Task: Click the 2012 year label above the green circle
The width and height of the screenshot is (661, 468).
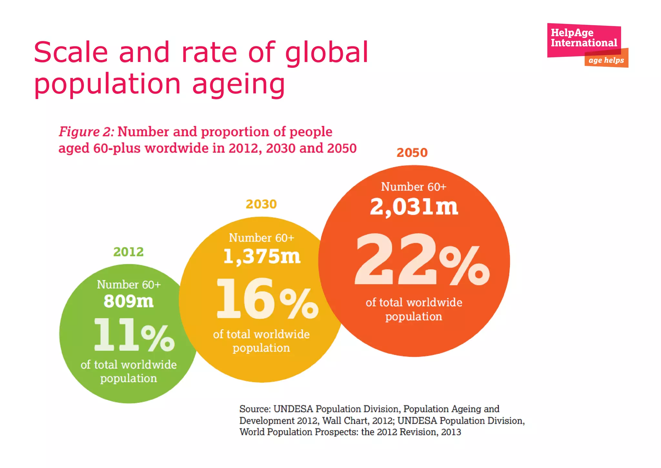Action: [x=128, y=252]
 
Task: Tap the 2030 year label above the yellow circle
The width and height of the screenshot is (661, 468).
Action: [x=261, y=204]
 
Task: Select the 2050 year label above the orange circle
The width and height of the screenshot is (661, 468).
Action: [x=412, y=153]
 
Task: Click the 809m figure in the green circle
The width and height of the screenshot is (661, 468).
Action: [x=128, y=301]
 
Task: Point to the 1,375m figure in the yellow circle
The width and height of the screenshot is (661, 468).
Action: [x=261, y=257]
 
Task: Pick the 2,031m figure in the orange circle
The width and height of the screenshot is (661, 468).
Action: [x=414, y=207]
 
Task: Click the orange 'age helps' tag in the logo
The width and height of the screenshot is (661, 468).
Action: [x=606, y=60]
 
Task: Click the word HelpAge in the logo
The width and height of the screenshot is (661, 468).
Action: [x=572, y=33]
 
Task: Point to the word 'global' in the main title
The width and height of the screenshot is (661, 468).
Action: [x=326, y=52]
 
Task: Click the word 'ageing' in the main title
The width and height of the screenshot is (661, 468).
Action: [x=239, y=84]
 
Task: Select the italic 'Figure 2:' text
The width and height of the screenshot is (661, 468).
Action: [x=86, y=132]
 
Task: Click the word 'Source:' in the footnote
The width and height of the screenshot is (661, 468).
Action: [x=255, y=409]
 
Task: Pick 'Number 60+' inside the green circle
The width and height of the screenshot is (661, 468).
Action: [x=128, y=285]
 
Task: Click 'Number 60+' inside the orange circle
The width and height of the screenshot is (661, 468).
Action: [x=413, y=187]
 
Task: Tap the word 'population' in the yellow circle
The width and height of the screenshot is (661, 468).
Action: [x=261, y=348]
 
